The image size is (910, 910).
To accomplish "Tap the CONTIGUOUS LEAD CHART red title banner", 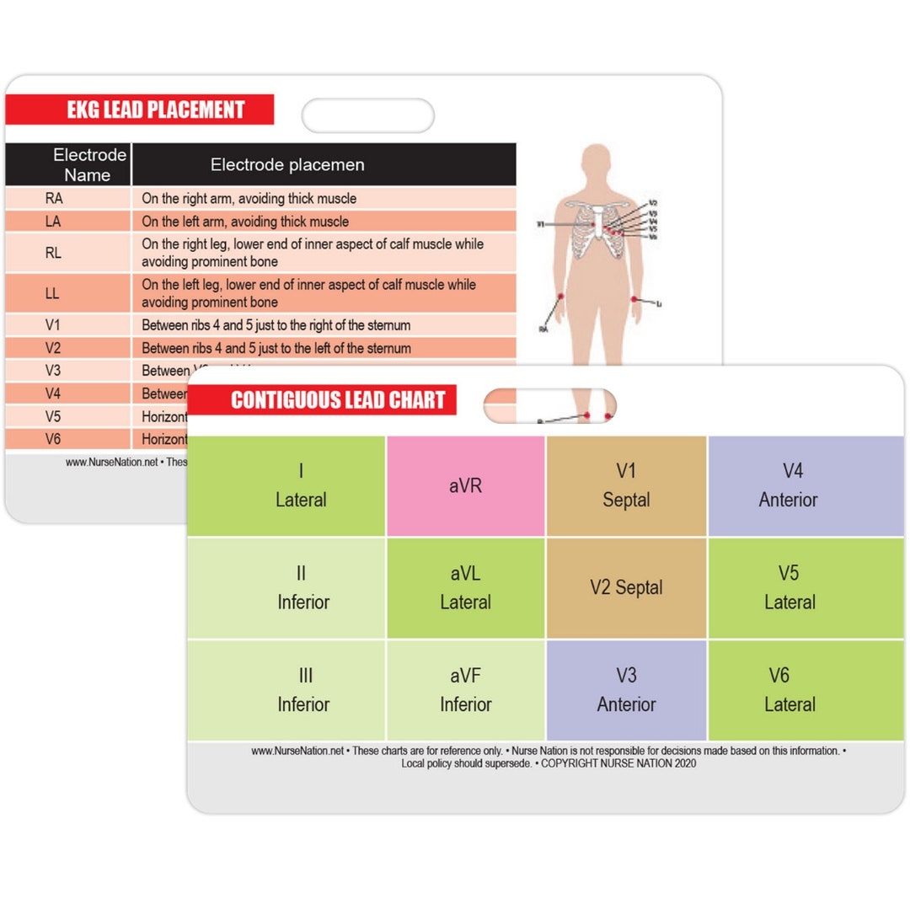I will pyautogui.click(x=322, y=399).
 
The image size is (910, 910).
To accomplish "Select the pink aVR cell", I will pyautogui.click(x=465, y=486).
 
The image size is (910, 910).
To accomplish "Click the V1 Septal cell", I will pyautogui.click(x=626, y=486).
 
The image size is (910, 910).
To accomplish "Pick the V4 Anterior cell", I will pyautogui.click(x=789, y=486).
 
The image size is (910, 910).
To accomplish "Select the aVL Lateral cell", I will pyautogui.click(x=465, y=588).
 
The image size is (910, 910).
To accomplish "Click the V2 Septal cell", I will pyautogui.click(x=626, y=588).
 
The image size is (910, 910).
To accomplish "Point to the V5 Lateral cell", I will pyautogui.click(x=789, y=588).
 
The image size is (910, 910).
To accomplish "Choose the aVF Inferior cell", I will pyautogui.click(x=465, y=690).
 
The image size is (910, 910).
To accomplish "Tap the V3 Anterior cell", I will pyautogui.click(x=626, y=690).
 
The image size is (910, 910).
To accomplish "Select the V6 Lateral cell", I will pyautogui.click(x=789, y=690).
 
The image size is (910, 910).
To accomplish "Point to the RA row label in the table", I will pyautogui.click(x=54, y=199).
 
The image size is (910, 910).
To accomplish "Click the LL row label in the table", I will pyautogui.click(x=54, y=294).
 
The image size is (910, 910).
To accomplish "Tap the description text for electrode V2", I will pyautogui.click(x=276, y=348).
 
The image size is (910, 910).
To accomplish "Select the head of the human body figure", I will pyautogui.click(x=597, y=161).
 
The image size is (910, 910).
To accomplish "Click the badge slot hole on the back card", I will pyautogui.click(x=368, y=115).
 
